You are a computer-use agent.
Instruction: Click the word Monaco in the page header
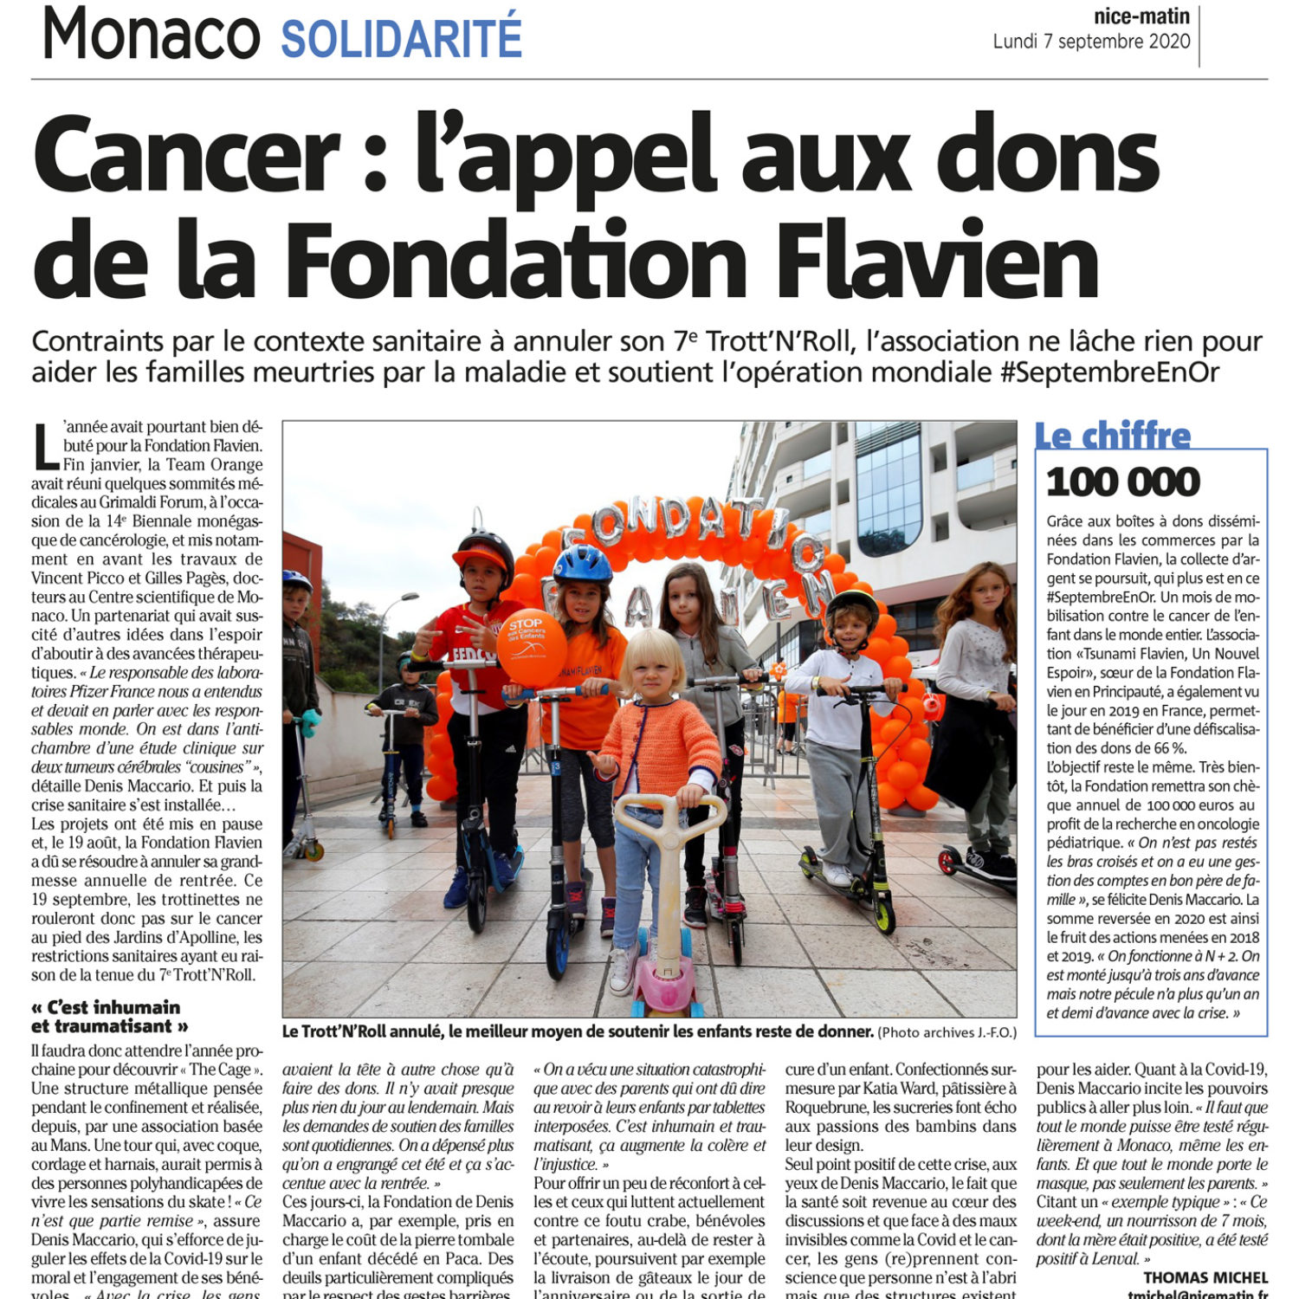pyautogui.click(x=151, y=35)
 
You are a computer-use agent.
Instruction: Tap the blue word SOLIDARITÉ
pyautogui.click(x=402, y=38)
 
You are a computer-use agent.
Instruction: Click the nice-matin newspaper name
pyautogui.click(x=1141, y=16)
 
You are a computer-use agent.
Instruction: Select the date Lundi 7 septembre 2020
pyautogui.click(x=1091, y=42)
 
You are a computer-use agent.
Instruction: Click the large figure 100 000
pyautogui.click(x=1123, y=482)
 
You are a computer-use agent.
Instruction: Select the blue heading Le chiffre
pyautogui.click(x=1113, y=436)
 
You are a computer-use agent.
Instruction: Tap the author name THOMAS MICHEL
pyautogui.click(x=1205, y=1277)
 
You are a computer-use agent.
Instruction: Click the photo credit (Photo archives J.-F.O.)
pyautogui.click(x=947, y=1032)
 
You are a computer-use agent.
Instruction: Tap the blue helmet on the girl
pyautogui.click(x=582, y=563)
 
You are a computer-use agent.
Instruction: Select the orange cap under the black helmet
pyautogui.click(x=479, y=556)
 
